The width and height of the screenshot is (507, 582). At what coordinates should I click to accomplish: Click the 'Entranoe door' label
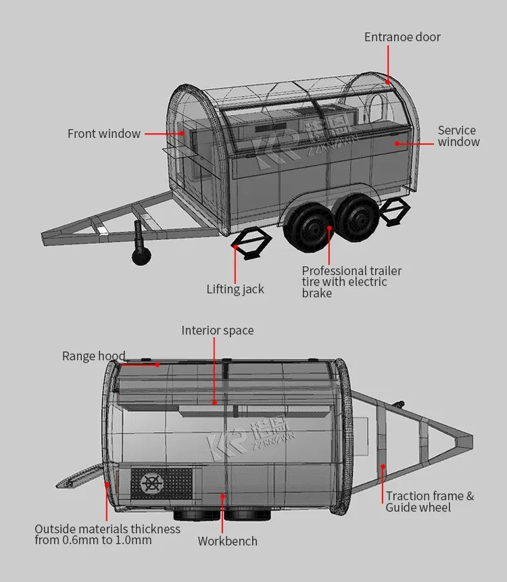(402, 37)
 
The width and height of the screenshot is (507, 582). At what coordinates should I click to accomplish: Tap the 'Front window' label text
(104, 134)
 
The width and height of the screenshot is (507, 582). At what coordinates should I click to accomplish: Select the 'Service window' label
(459, 136)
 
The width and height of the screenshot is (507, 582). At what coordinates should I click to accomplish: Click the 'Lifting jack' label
(235, 289)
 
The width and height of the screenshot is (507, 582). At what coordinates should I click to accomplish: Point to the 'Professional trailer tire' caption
(352, 282)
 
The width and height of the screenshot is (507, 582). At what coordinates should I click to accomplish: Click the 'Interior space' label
(218, 331)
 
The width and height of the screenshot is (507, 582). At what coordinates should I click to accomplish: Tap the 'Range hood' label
(93, 356)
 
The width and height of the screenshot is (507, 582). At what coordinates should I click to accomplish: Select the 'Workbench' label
(228, 541)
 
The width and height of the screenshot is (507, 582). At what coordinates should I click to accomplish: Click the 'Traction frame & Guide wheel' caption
(430, 502)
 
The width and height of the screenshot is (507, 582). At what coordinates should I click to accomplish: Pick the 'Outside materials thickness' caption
(107, 535)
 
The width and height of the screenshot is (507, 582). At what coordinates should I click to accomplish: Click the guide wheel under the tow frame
(141, 256)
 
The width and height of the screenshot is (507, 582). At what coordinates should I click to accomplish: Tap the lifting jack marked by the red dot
(251, 243)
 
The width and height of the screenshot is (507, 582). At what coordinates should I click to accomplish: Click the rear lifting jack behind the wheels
(395, 212)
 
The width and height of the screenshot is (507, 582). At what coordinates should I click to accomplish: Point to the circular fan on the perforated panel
(152, 483)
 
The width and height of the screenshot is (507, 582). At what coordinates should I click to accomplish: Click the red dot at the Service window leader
(397, 144)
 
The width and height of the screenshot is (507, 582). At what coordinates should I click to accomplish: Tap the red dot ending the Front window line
(182, 133)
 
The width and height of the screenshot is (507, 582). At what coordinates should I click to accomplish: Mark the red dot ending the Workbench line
(222, 496)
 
